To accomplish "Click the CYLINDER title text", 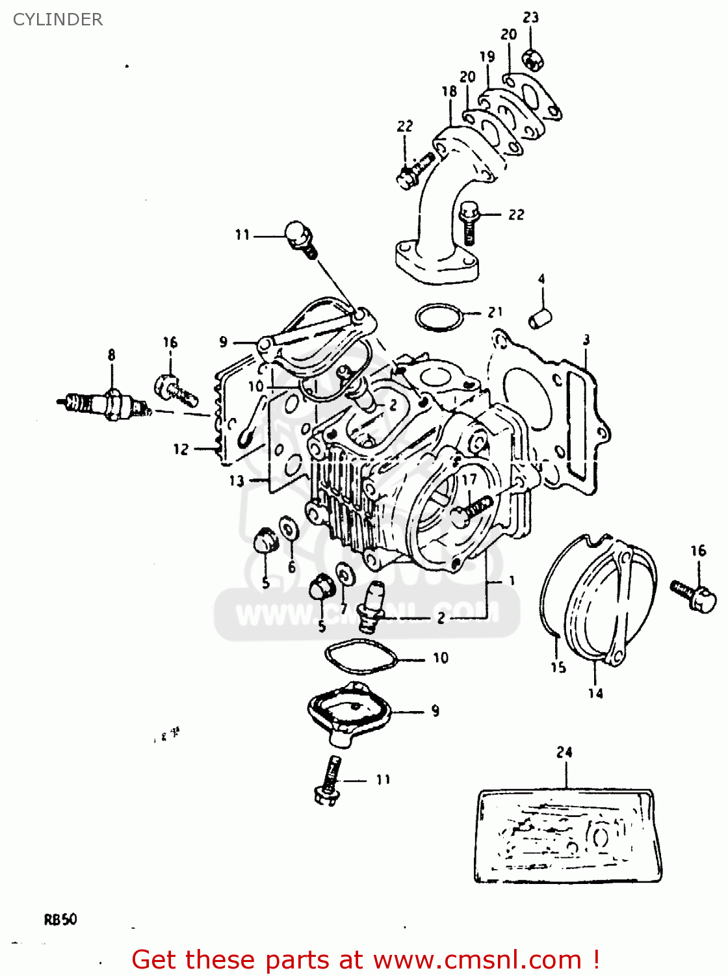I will [x=58, y=19].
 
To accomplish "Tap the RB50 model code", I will [x=60, y=920].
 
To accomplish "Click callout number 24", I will [x=564, y=753].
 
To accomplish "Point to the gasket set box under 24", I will [x=567, y=836].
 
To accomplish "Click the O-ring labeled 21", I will [x=439, y=317].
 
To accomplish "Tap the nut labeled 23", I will [x=533, y=60].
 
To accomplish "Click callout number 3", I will [x=586, y=340].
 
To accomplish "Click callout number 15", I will [x=558, y=667].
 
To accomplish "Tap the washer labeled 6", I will [x=288, y=527].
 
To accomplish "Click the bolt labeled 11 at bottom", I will [x=328, y=780].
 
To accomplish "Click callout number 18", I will [x=449, y=92].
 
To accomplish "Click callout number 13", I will [x=237, y=481].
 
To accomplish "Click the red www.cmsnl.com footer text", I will [x=365, y=960].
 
